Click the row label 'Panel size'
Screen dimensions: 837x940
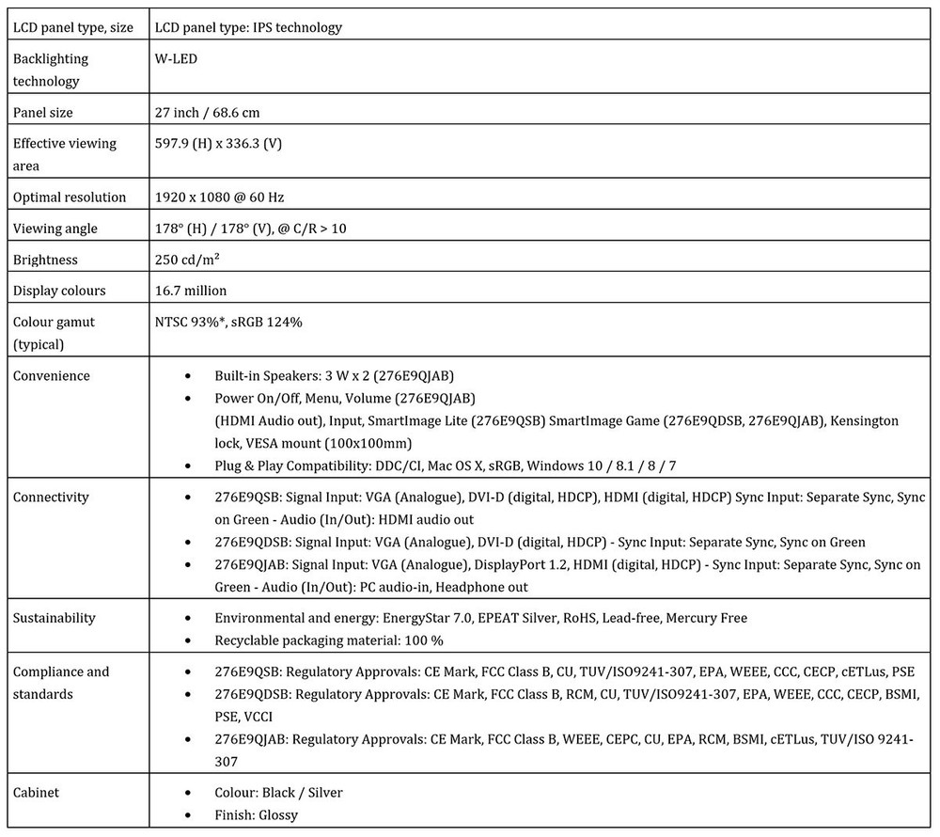click(x=42, y=113)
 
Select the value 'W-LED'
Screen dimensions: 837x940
click(x=176, y=59)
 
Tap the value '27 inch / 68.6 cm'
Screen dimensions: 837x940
click(x=207, y=113)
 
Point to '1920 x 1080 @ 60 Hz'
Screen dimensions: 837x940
click(x=219, y=197)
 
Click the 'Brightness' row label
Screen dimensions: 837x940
click(x=45, y=261)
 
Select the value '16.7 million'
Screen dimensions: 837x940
click(x=190, y=292)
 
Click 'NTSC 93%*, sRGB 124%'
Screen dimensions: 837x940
click(x=228, y=323)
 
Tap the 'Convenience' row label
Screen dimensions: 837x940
click(x=52, y=376)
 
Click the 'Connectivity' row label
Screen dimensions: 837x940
click(x=52, y=497)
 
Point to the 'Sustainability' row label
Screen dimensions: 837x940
click(x=55, y=618)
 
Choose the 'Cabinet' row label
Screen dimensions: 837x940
click(x=36, y=793)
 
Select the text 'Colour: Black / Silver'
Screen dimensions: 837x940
click(x=278, y=793)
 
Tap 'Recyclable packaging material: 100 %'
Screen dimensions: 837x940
click(x=329, y=640)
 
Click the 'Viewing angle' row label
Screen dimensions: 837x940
click(x=55, y=229)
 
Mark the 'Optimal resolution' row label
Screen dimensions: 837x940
click(x=70, y=197)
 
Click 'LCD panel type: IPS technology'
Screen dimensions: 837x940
click(x=248, y=27)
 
